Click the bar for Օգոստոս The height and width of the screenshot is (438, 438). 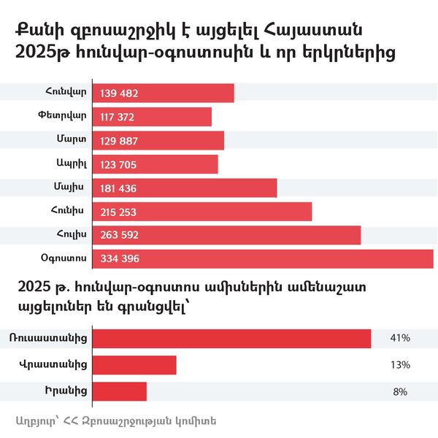pos(263,258)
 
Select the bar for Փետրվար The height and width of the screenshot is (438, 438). pos(153,117)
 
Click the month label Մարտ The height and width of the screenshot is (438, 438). pos(72,140)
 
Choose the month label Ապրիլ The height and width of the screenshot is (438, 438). pos(71,164)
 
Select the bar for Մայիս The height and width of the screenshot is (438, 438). pos(185,188)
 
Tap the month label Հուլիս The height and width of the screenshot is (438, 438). pos(71,235)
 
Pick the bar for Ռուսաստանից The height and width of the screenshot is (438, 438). pos(232,338)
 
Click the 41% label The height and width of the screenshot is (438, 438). pos(400,339)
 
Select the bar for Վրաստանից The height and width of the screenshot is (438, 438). pos(135,364)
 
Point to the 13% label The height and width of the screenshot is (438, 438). pos(400,365)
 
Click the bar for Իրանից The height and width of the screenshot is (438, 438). pos(120,391)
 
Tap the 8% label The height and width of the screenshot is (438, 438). pos(400,392)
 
